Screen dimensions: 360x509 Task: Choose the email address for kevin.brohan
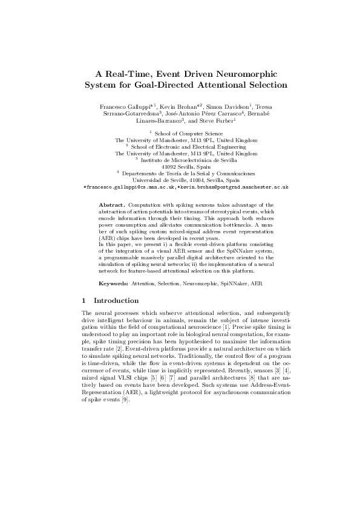coord(234,187)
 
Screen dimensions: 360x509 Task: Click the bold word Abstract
coord(112,206)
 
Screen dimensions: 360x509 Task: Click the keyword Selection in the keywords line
coord(169,284)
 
